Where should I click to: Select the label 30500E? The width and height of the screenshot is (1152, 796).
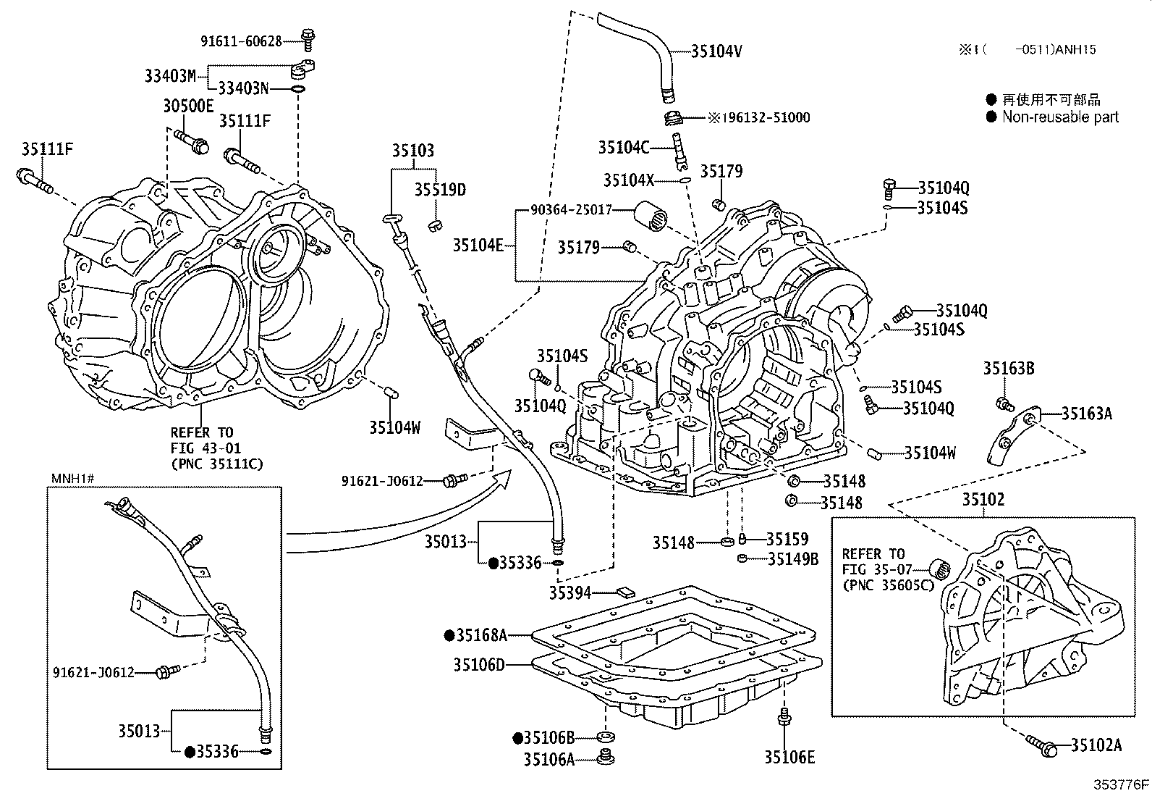pos(187,106)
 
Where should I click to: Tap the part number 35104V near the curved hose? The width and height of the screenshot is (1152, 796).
pos(716,51)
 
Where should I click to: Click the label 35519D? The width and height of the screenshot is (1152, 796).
pos(439,190)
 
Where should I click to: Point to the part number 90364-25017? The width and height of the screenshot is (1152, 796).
pos(571,210)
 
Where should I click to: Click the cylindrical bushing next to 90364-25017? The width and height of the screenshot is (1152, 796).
pos(652,217)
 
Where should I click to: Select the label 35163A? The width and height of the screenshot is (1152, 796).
pos(1086,414)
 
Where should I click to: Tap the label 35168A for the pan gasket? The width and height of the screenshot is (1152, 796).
pos(480,636)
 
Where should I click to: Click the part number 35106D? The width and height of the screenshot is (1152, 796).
pos(479,664)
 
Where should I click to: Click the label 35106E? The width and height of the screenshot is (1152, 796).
pos(789,758)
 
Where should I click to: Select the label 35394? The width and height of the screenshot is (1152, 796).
pos(569,593)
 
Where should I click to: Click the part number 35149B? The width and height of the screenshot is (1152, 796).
pos(793,558)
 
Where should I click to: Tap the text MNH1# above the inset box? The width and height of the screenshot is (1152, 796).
pos(72,478)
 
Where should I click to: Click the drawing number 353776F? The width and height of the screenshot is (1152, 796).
pos(1120,784)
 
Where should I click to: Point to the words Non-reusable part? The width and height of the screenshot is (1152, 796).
pos(1060,117)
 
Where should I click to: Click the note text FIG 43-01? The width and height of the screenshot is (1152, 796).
pos(206,448)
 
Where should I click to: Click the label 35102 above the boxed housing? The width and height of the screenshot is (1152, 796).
pos(983,500)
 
